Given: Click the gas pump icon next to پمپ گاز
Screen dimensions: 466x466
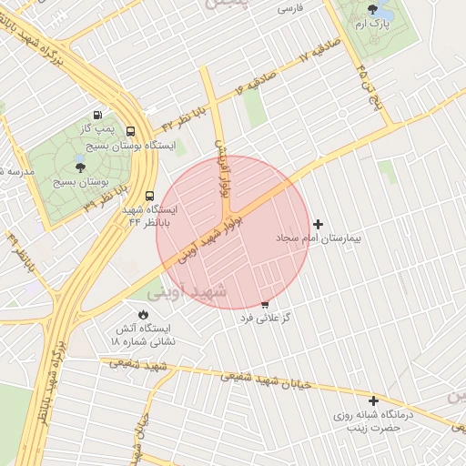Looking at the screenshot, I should point(97,115).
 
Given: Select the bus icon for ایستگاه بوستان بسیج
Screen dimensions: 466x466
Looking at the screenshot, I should point(131,131).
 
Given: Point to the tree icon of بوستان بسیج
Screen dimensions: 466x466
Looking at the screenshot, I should point(80,167).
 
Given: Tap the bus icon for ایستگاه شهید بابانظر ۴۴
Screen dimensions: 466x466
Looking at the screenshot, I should point(149,195).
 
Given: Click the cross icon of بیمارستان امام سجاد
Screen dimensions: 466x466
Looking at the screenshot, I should point(318,224).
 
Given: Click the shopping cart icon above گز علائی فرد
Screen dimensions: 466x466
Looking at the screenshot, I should point(265,305).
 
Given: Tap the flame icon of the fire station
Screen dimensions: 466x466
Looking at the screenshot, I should point(143,314).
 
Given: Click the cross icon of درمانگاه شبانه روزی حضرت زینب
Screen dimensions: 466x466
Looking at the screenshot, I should point(373,400).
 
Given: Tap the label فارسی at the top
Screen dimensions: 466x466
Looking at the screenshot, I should point(289,8).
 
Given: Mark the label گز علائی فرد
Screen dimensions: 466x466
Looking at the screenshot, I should point(265,319).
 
